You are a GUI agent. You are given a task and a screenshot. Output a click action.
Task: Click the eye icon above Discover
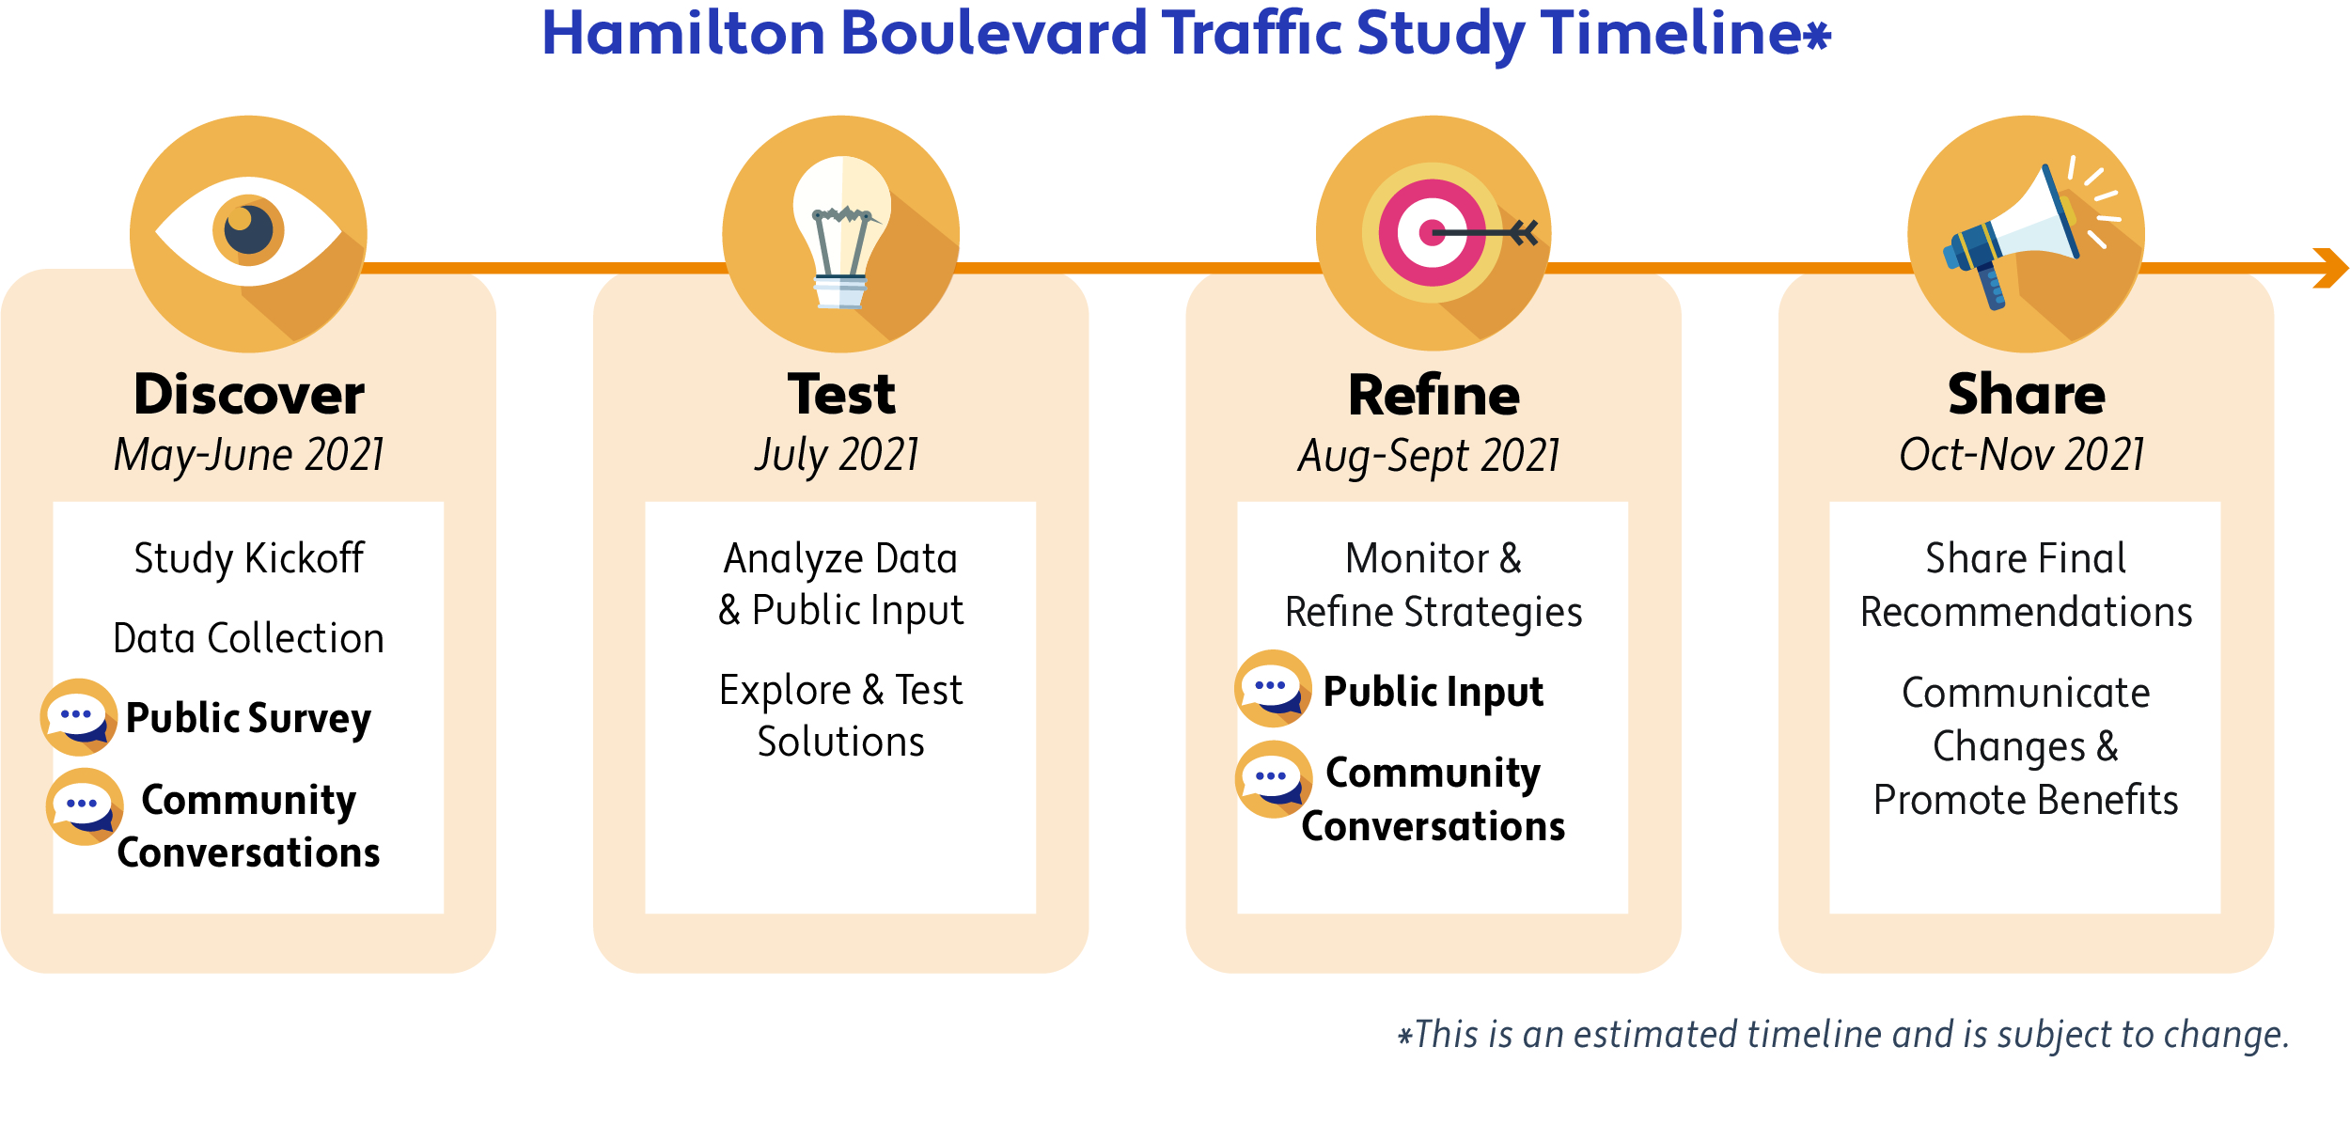tap(248, 234)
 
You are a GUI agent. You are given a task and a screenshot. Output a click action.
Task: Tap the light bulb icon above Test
tap(840, 234)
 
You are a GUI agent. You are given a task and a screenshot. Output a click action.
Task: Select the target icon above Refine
tap(1433, 234)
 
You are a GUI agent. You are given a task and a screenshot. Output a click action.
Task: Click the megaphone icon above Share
tap(2026, 234)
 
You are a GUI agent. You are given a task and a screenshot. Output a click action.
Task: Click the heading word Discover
tap(249, 394)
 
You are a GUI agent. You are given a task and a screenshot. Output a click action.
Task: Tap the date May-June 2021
tap(249, 456)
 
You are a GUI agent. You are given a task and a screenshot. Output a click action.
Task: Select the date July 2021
tap(838, 456)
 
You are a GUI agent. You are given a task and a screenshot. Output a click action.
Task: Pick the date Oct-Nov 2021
tap(2022, 455)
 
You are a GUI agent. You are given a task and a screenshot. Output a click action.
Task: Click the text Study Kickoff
tap(249, 559)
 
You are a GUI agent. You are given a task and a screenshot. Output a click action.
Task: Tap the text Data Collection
tap(249, 638)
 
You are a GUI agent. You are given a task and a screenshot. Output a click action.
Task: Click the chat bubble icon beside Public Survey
tap(79, 717)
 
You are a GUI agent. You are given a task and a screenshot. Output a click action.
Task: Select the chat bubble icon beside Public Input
tap(1273, 688)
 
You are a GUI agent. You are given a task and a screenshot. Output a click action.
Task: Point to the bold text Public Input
tap(1433, 693)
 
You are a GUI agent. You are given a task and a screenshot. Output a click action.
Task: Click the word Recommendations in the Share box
tap(2026, 612)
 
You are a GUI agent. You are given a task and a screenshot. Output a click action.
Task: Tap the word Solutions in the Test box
tap(841, 742)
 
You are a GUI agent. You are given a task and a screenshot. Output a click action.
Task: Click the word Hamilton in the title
tap(683, 33)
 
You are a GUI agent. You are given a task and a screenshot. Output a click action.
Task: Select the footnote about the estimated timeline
tap(1843, 1035)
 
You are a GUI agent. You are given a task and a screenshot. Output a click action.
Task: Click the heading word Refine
tap(1433, 395)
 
